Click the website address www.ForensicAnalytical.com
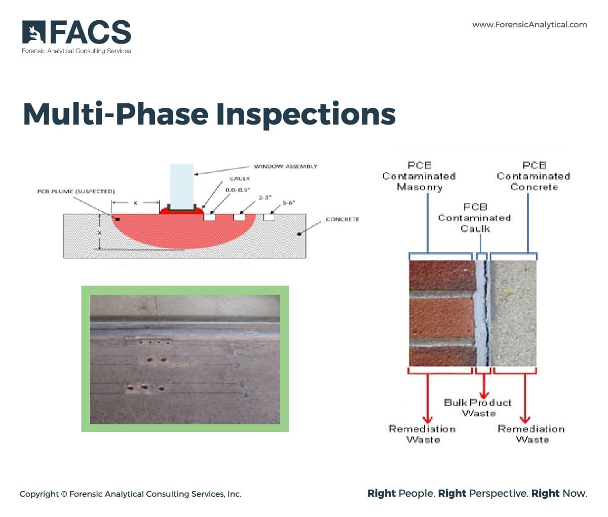coord(529,24)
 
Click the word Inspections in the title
coord(306,114)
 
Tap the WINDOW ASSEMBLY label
coord(285,166)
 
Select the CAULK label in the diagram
coord(240,179)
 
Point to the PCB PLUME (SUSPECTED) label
coord(76,191)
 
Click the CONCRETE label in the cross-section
coord(342,219)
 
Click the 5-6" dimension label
coord(288,203)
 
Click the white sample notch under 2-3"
coord(239,217)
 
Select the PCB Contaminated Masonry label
coord(419,176)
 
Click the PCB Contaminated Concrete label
coord(534,176)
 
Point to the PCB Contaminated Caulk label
coord(475,218)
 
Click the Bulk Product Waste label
coord(478,408)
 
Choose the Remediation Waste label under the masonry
coord(422,434)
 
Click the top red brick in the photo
coord(441,276)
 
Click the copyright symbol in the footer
coord(64,494)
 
